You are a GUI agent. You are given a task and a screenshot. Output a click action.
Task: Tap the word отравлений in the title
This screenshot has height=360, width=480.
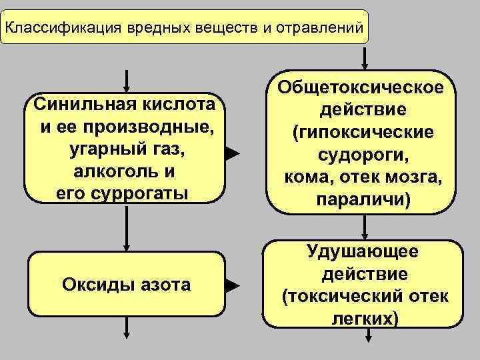pyautogui.click(x=322, y=28)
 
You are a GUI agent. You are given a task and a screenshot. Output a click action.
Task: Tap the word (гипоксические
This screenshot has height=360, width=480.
pyautogui.click(x=363, y=133)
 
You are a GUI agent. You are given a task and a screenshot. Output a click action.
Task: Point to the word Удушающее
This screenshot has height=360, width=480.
pyautogui.click(x=363, y=252)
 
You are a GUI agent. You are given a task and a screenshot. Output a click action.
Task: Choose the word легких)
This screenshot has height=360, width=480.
pyautogui.click(x=364, y=319)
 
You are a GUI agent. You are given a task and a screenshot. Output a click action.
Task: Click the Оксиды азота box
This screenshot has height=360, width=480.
pyautogui.click(x=125, y=285)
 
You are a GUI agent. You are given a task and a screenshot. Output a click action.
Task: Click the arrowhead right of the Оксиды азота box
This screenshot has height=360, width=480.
pyautogui.click(x=231, y=287)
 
